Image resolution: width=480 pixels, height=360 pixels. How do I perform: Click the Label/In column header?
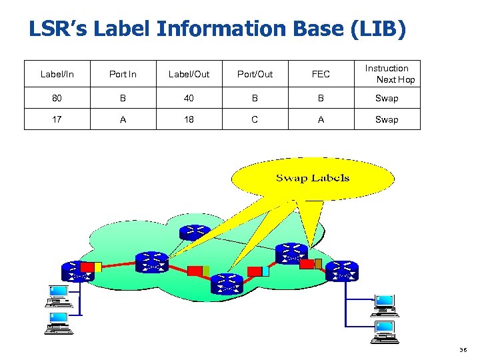57,74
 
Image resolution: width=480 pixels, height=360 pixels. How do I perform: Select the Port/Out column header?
255,74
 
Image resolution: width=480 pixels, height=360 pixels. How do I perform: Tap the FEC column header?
321,74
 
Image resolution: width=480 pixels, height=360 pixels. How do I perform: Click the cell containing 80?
57,98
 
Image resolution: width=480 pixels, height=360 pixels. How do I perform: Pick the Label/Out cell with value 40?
189,98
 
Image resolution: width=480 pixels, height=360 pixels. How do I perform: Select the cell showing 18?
189,120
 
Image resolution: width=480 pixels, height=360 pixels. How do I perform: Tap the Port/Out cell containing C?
255,120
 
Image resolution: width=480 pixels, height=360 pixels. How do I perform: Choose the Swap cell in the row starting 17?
387,120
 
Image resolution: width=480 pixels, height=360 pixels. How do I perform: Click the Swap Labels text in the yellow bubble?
313,177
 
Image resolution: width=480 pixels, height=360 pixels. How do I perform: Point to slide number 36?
463,349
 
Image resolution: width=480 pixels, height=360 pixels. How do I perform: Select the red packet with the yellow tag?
90,267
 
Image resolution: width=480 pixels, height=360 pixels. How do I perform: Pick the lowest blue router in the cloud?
227,283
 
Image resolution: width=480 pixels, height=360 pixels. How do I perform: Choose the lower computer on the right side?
384,329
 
